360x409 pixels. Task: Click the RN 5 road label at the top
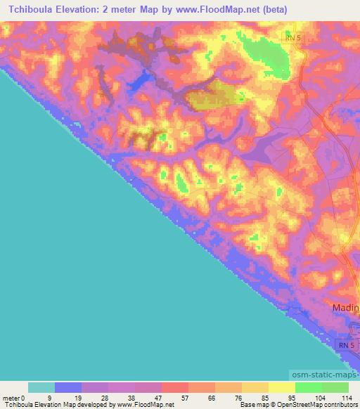[295, 36]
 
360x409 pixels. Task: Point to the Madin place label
[346, 309]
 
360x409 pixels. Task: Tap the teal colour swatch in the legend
[41, 387]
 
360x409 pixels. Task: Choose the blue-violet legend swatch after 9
[67, 387]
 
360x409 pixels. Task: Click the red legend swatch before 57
[174, 387]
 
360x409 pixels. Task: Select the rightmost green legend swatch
[335, 387]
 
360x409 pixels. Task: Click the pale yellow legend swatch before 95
[281, 387]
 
